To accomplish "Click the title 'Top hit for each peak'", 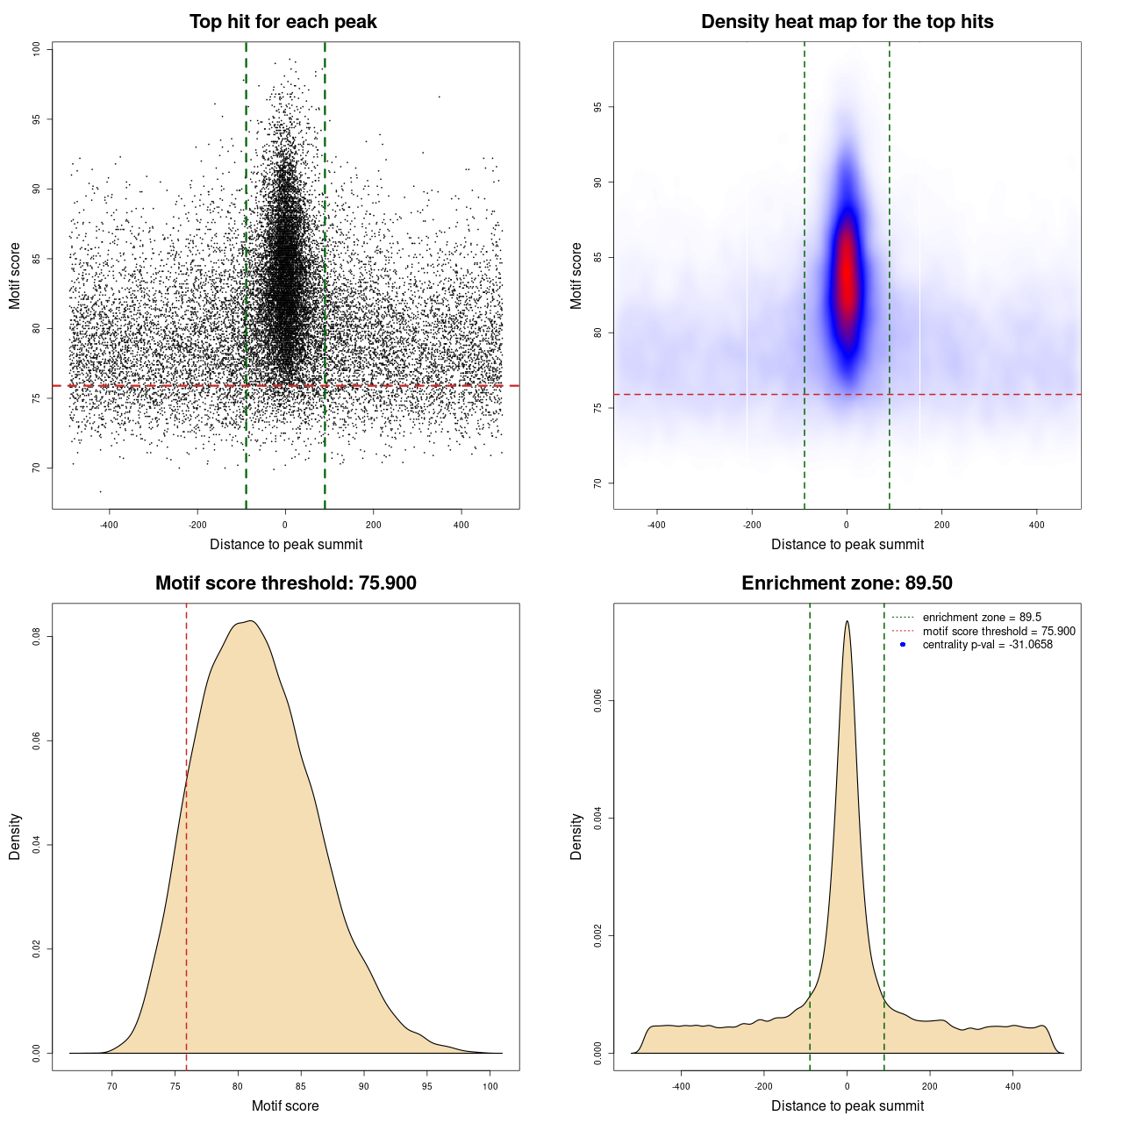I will tap(283, 22).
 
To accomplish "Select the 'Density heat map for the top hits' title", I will tap(847, 22).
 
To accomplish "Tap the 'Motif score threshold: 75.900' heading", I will tap(285, 583).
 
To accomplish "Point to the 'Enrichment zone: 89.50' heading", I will tap(847, 583).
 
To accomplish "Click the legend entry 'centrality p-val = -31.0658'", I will tap(987, 645).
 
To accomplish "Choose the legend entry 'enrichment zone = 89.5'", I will tap(982, 618).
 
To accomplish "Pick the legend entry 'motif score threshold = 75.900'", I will tap(998, 632).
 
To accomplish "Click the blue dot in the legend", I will tap(903, 645).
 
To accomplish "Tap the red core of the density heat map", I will tap(847, 272).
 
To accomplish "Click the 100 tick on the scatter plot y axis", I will tap(37, 49).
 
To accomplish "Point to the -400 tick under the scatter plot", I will tap(109, 525).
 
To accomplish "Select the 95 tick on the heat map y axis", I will tap(597, 107).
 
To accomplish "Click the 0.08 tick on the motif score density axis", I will tap(37, 636).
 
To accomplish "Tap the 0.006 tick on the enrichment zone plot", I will tap(597, 701).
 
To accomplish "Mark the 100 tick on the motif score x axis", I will tap(490, 1086).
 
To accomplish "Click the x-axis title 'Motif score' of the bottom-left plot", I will tap(285, 1105).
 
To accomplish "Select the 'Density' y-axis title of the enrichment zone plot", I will tap(576, 836).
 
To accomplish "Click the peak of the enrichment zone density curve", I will tap(847, 622).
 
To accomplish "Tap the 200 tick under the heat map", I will tap(941, 525).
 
